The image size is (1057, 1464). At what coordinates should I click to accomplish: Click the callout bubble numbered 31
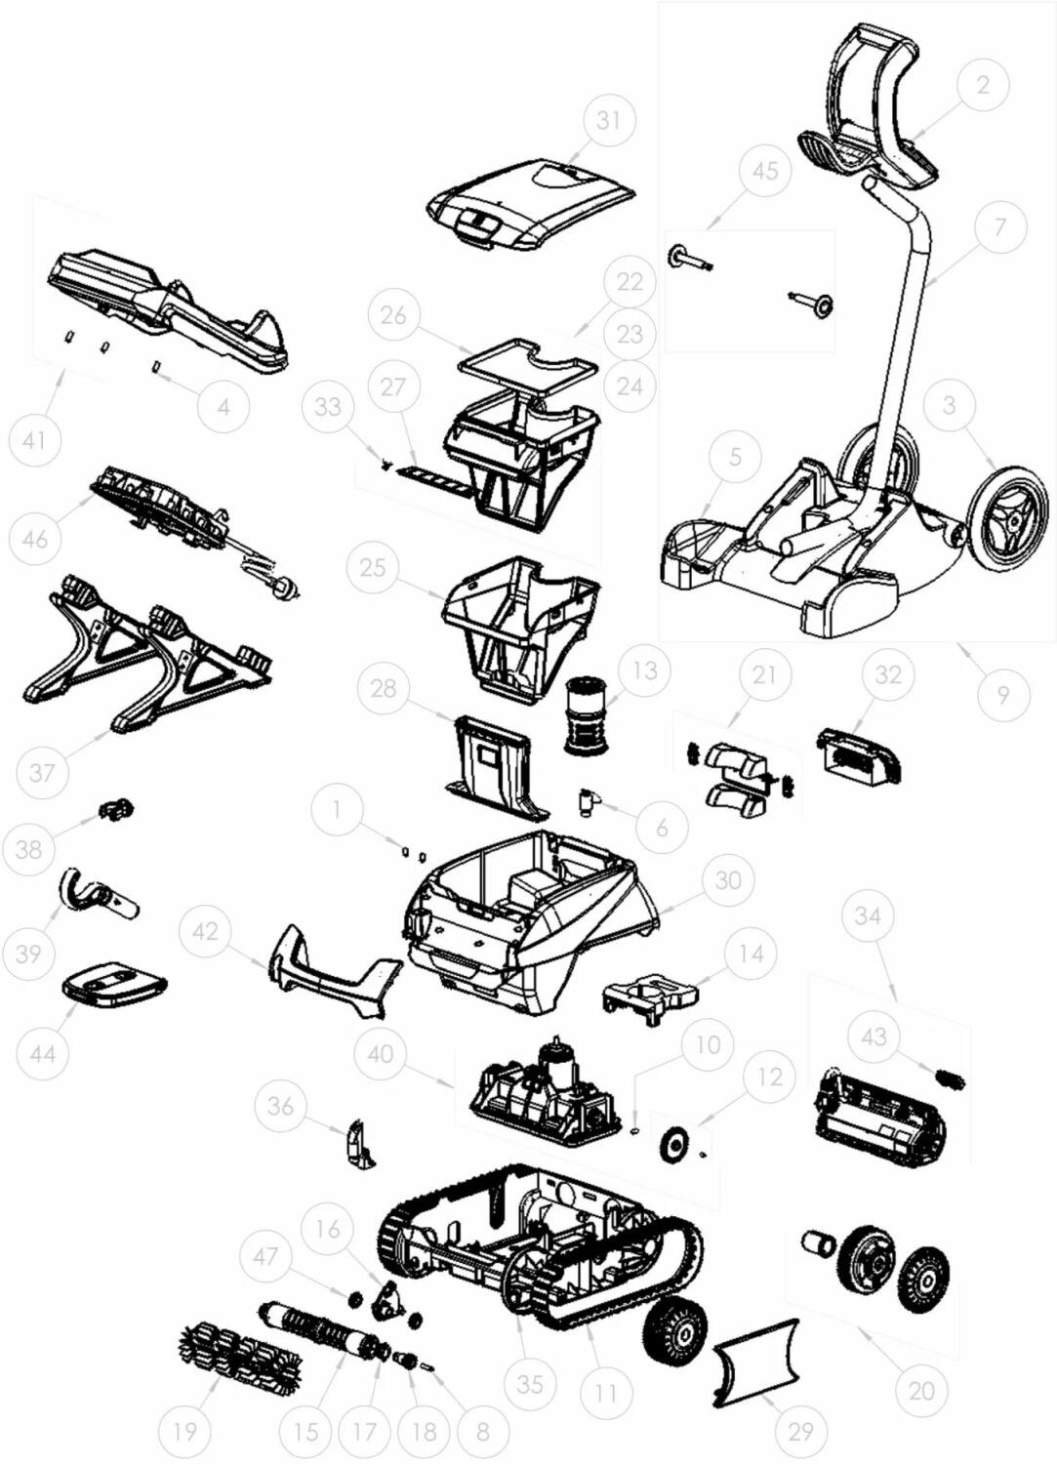(x=607, y=122)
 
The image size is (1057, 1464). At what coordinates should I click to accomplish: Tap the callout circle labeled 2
(x=983, y=85)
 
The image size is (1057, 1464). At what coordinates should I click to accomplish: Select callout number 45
(x=765, y=171)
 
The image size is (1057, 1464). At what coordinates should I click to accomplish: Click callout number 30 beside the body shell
(x=727, y=879)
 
